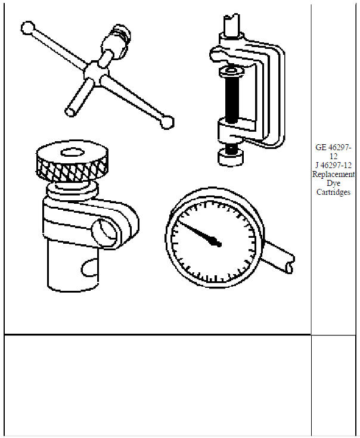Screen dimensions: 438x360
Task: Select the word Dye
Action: coord(333,184)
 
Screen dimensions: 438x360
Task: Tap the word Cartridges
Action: coord(333,192)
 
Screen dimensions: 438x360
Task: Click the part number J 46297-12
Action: coord(333,166)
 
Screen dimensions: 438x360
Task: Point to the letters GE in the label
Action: coord(321,147)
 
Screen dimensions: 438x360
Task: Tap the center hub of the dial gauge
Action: coord(217,243)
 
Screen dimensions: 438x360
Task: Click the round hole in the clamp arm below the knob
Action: coord(108,231)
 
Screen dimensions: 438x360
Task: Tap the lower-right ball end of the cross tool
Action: coord(167,122)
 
